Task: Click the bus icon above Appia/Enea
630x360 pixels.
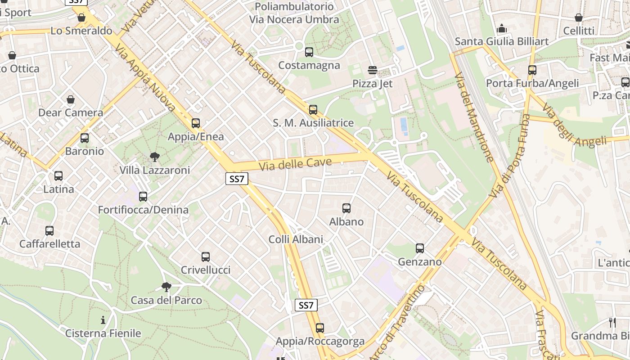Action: pos(196,123)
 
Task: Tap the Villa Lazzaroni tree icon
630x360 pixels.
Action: pos(155,157)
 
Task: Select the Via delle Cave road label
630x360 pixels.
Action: pos(295,164)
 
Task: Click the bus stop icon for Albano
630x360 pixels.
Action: pos(346,208)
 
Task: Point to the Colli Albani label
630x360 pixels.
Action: pos(296,239)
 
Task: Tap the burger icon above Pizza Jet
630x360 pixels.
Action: pos(373,70)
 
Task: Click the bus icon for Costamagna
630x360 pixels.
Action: pos(309,52)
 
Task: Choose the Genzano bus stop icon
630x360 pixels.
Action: pos(420,248)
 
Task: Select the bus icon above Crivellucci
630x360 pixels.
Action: pos(206,257)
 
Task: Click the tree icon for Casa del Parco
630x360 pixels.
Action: pos(166,287)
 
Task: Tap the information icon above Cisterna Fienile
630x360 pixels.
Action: pos(103,320)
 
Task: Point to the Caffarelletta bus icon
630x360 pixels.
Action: pos(49,231)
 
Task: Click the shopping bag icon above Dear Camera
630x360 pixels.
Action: pos(71,99)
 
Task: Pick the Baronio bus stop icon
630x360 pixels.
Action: pos(85,138)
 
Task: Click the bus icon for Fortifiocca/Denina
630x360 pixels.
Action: pos(143,197)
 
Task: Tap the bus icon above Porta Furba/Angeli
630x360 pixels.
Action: pos(532,70)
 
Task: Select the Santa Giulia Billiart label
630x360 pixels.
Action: pos(502,41)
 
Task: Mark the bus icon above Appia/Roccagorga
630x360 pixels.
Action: pos(320,328)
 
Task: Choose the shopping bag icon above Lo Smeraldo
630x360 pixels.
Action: pos(81,18)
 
